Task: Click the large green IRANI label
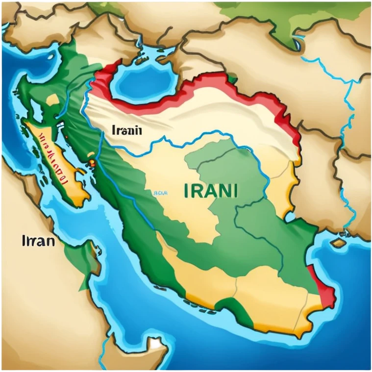point(211,190)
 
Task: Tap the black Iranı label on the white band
point(127,130)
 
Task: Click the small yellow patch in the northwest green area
point(53,100)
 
